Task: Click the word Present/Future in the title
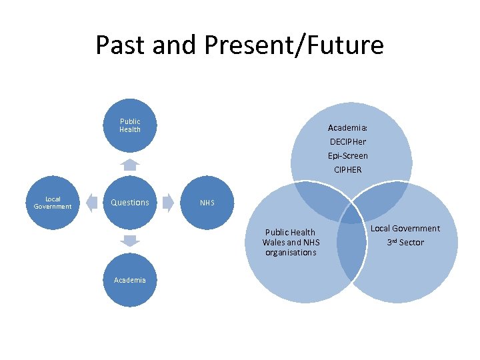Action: click(295, 45)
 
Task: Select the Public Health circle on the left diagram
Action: click(130, 125)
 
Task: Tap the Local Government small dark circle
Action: click(53, 203)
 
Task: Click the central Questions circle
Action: click(130, 203)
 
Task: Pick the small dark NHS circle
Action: click(208, 203)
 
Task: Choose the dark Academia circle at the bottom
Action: click(130, 280)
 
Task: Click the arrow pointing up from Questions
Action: click(130, 165)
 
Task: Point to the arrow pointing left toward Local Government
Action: click(91, 203)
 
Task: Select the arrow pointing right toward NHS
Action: click(168, 203)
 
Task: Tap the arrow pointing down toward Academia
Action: click(130, 241)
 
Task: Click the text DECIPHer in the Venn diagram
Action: click(348, 141)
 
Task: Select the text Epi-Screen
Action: click(348, 155)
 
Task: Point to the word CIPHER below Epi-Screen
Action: click(348, 169)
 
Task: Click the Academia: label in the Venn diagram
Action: click(348, 127)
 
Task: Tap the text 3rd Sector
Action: click(405, 242)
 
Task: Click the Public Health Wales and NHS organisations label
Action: click(290, 243)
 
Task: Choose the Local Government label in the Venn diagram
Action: click(405, 229)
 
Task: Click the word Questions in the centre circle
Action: click(130, 203)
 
